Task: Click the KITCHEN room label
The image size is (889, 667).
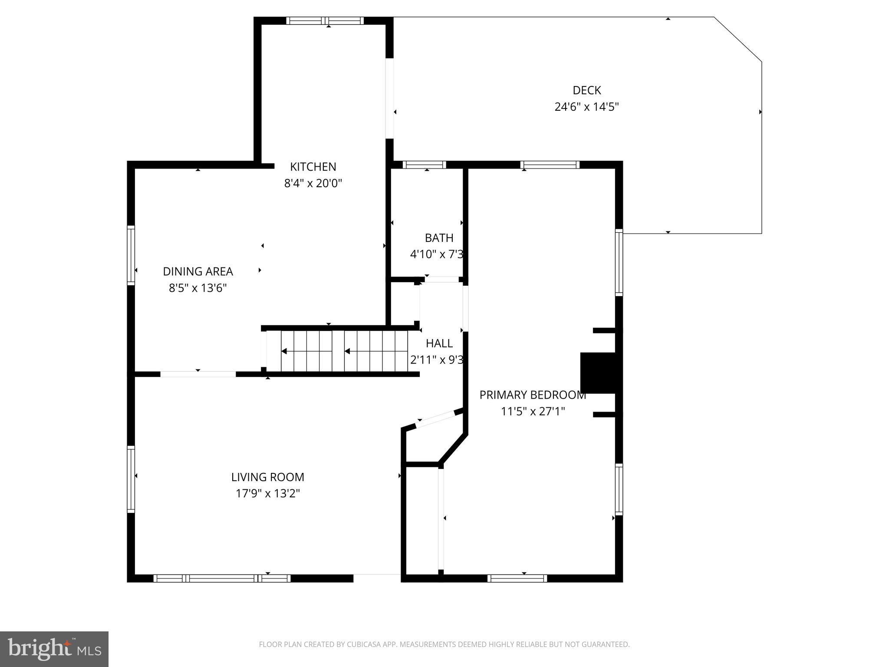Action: [313, 167]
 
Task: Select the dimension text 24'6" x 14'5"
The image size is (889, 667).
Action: [586, 107]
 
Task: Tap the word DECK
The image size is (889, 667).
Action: [586, 90]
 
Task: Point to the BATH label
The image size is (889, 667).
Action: [439, 238]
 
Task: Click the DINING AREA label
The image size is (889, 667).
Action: [198, 271]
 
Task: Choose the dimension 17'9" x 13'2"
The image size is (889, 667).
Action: [267, 493]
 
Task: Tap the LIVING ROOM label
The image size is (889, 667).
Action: [267, 477]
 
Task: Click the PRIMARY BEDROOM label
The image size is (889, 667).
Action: [533, 395]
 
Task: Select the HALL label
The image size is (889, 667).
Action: [439, 343]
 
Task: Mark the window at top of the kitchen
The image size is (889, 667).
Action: [325, 20]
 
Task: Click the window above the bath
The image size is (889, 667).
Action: [424, 165]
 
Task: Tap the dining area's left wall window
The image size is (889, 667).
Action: [131, 255]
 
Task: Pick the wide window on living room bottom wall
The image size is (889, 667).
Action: [222, 578]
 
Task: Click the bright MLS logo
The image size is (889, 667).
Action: [54, 649]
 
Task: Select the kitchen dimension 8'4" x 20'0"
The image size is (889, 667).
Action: [313, 183]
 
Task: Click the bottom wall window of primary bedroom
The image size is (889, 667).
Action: [517, 578]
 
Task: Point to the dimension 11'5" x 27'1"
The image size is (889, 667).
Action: [533, 411]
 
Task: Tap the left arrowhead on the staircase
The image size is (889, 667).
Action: [284, 351]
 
